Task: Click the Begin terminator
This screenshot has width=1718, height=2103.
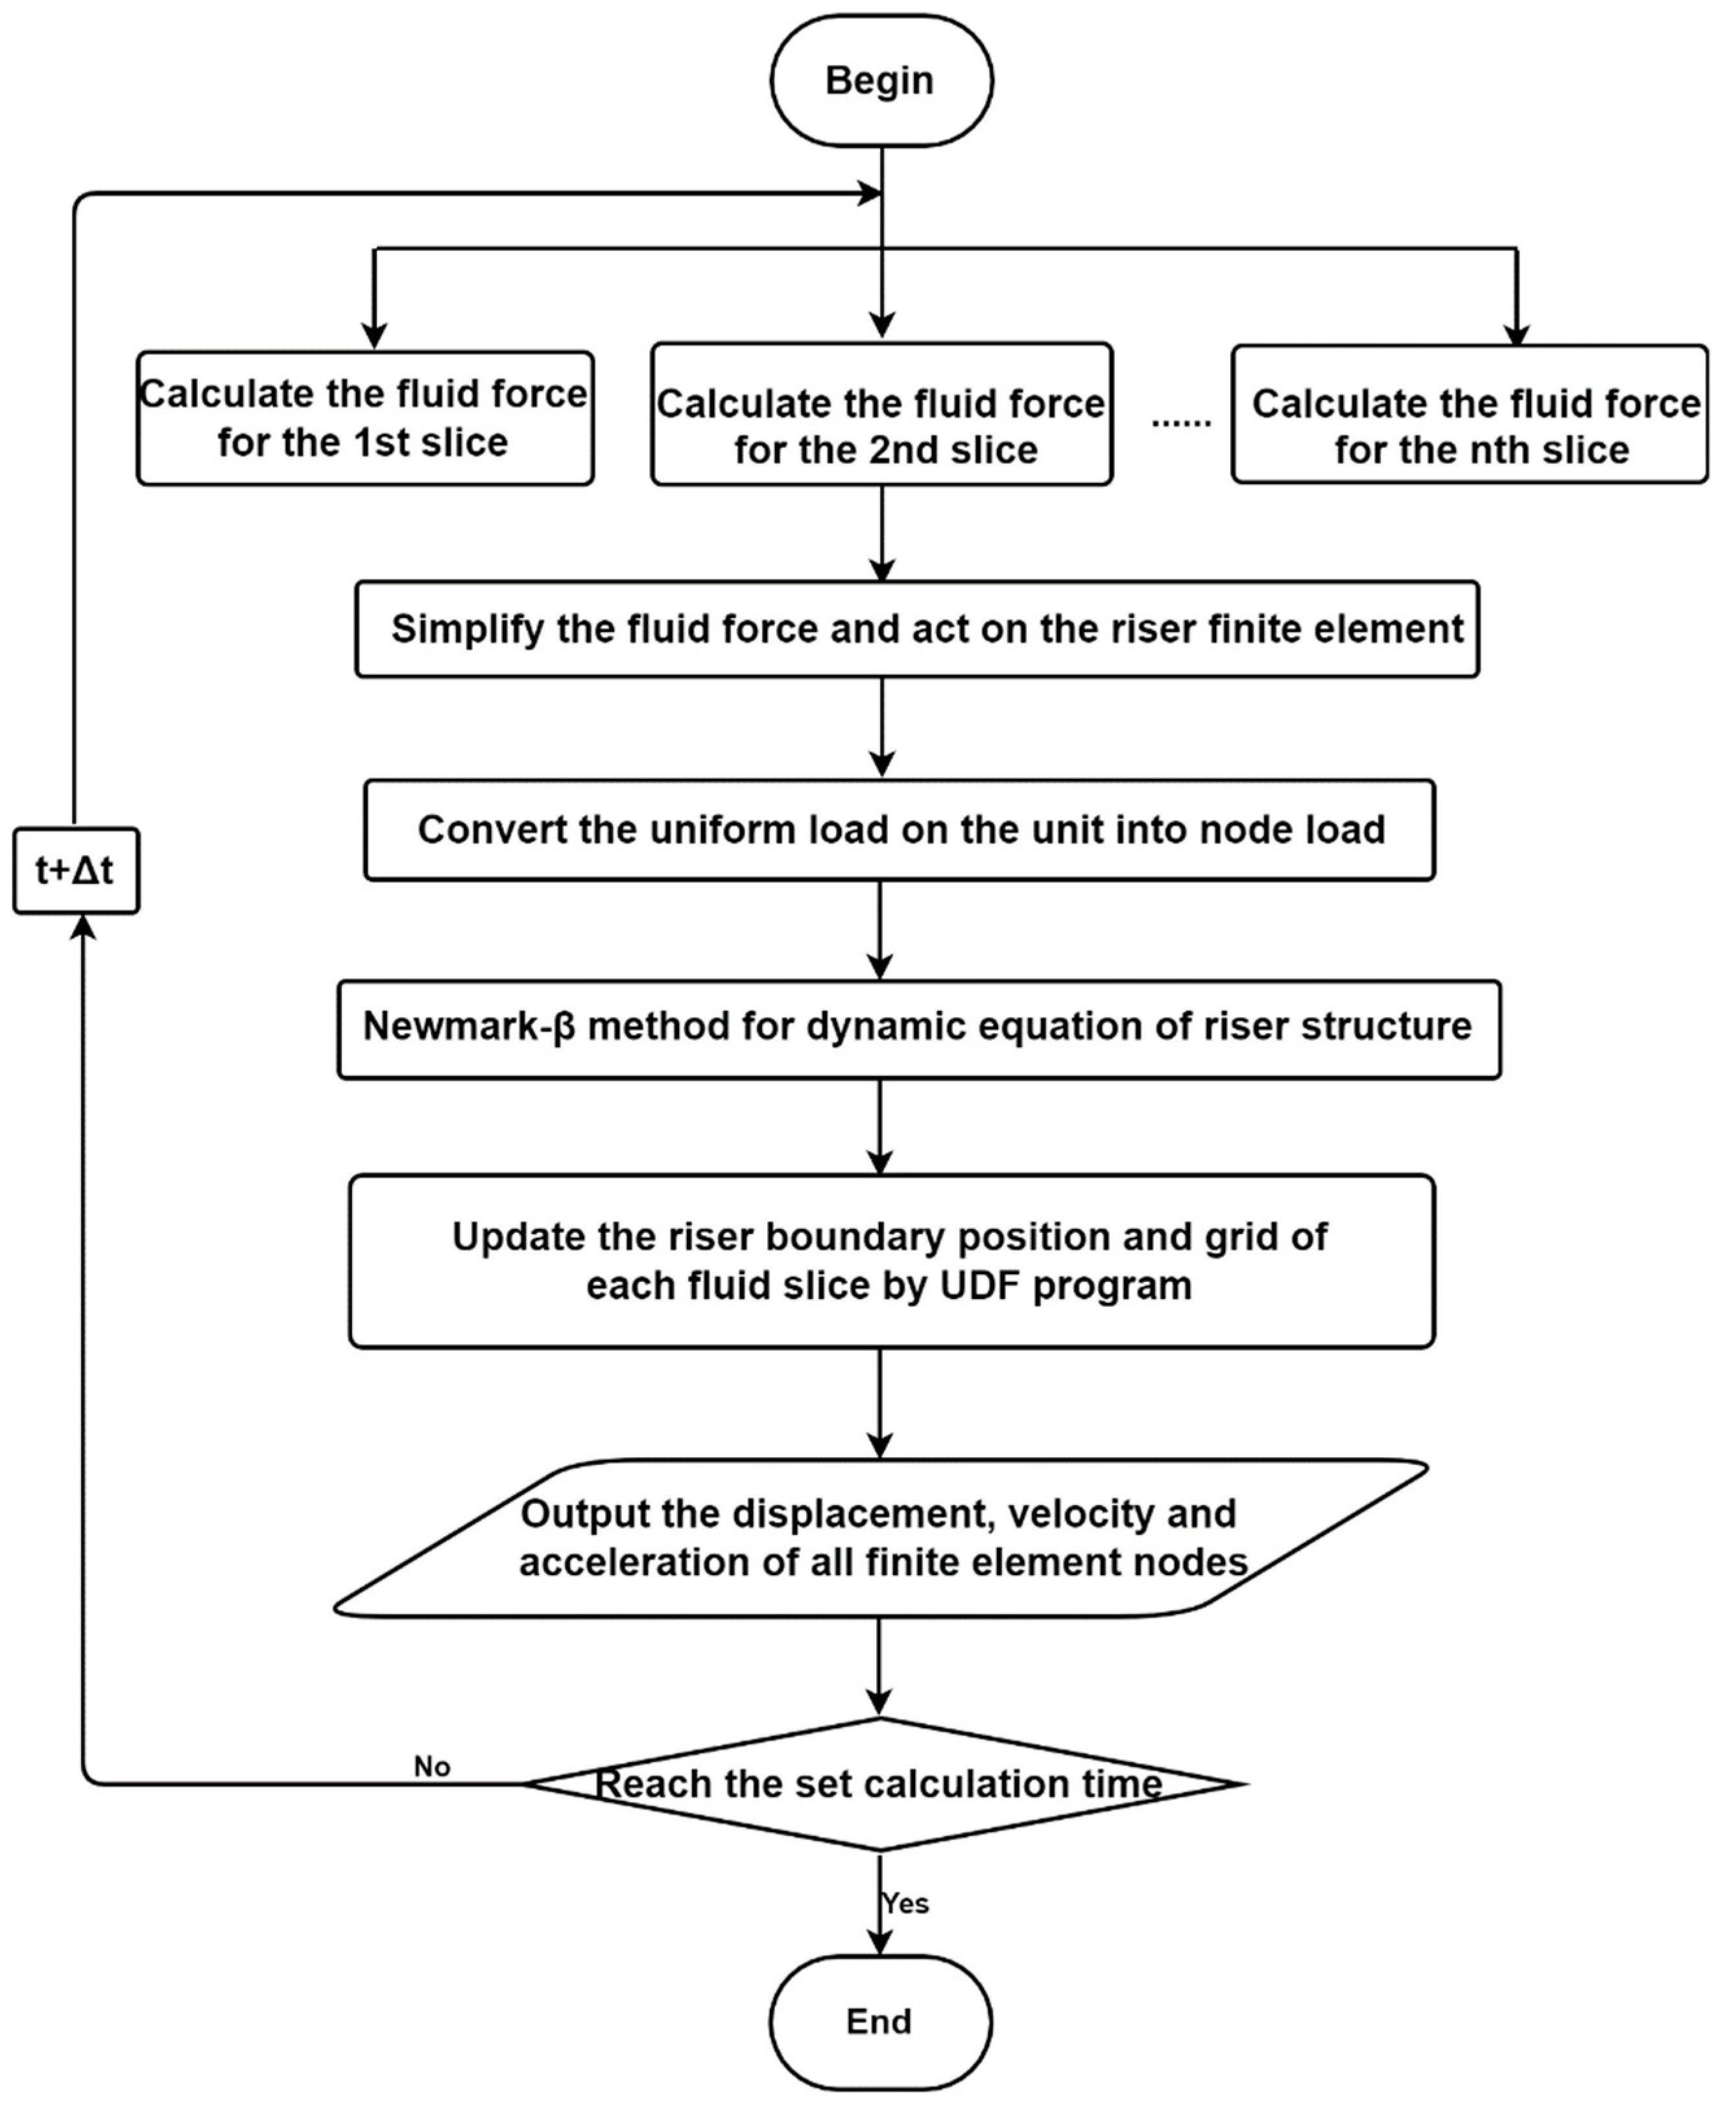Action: (x=881, y=81)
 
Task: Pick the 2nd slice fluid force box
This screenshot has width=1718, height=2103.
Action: (x=881, y=414)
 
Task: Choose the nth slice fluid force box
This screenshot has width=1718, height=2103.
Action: (x=1470, y=414)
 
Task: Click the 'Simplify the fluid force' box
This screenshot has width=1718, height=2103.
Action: (x=916, y=630)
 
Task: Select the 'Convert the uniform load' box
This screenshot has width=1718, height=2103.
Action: (x=899, y=829)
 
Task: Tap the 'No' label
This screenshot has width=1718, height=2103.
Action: (x=431, y=1766)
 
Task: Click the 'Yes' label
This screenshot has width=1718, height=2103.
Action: (x=905, y=1903)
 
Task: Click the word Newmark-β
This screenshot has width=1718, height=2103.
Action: (x=469, y=1027)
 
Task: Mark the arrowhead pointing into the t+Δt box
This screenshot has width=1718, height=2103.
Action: (x=83, y=926)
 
